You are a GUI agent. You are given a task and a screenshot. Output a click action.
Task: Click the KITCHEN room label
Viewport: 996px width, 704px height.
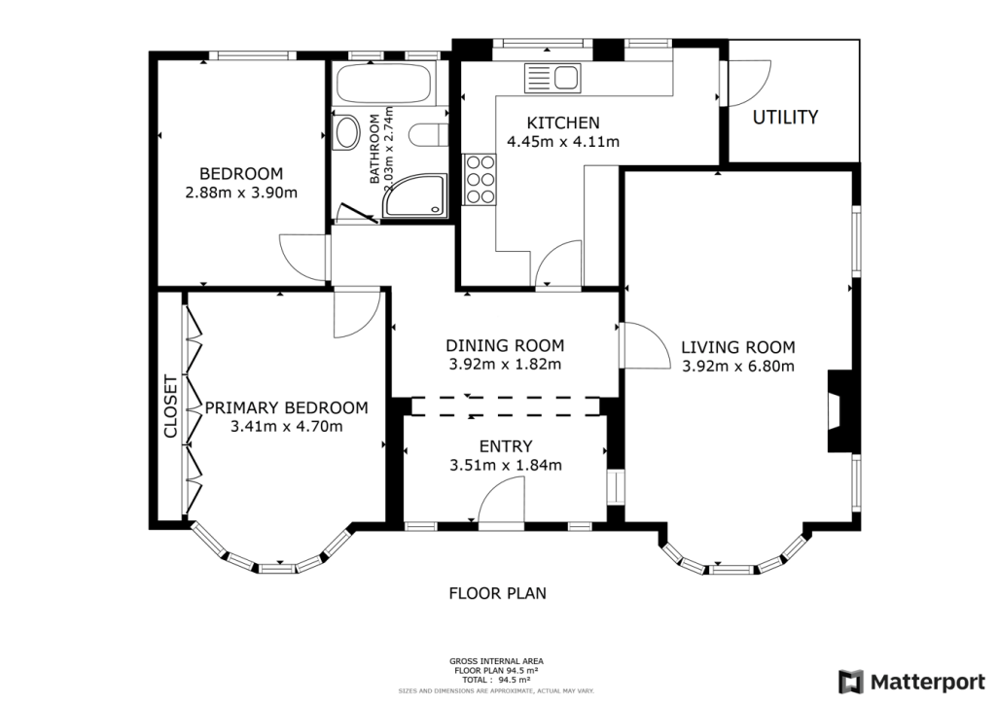pyautogui.click(x=563, y=123)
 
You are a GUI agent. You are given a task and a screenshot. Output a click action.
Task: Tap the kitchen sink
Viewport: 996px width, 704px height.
pyautogui.click(x=552, y=78)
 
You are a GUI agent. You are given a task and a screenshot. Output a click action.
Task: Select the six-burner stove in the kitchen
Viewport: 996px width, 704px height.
pyautogui.click(x=480, y=180)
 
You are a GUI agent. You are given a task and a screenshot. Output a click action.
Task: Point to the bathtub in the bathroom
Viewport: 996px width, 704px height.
pyautogui.click(x=383, y=84)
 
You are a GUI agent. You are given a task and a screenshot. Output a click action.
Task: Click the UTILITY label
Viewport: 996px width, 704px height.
pyautogui.click(x=785, y=118)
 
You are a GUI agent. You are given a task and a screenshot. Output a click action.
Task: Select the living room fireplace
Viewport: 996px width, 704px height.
pyautogui.click(x=838, y=411)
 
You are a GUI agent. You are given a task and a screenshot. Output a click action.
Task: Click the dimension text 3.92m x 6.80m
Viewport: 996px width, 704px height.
pyautogui.click(x=738, y=367)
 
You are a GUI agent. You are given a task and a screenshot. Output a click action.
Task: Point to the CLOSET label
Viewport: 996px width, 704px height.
pyautogui.click(x=170, y=406)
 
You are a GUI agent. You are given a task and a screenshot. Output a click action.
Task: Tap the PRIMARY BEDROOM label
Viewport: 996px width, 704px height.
pyautogui.click(x=287, y=407)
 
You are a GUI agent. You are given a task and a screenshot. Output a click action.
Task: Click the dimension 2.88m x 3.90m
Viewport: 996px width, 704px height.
pyautogui.click(x=241, y=193)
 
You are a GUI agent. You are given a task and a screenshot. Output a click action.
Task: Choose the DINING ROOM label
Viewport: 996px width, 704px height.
pyautogui.click(x=505, y=346)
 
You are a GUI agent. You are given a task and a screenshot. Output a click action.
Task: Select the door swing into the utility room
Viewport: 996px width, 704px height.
pyautogui.click(x=746, y=83)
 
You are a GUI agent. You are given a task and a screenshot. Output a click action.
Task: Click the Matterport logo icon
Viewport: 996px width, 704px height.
pyautogui.click(x=850, y=683)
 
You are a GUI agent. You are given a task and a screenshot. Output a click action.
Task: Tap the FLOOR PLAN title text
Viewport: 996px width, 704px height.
pyautogui.click(x=497, y=593)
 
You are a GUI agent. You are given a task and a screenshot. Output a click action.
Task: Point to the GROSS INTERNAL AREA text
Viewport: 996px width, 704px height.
pyautogui.click(x=496, y=661)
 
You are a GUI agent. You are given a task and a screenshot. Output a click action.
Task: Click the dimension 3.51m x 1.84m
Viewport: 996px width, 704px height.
pyautogui.click(x=506, y=466)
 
